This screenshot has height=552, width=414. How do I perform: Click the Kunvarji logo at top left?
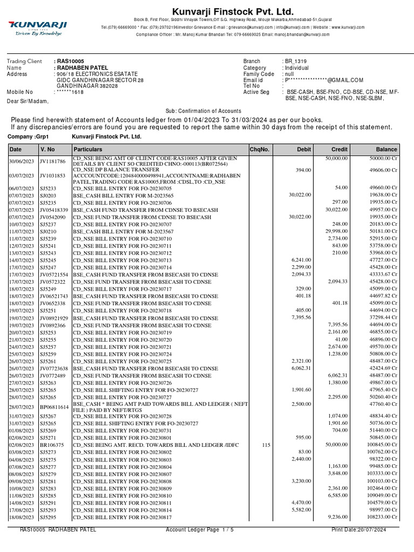coord(37,26)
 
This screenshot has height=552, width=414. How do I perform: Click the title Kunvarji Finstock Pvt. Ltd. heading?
coord(232,12)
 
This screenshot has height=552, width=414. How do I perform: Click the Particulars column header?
coord(88,149)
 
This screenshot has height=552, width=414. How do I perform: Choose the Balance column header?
coord(387,149)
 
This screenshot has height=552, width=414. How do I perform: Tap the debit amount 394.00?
coord(304,170)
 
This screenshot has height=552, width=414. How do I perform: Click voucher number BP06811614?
coord(54,407)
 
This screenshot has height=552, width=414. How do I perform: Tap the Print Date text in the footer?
coord(359,530)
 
